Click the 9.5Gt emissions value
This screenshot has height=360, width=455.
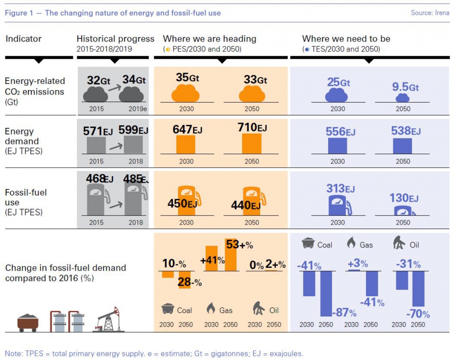pos(405,87)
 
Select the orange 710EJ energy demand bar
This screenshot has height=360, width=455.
pos(251,144)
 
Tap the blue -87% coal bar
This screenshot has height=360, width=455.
pos(326,294)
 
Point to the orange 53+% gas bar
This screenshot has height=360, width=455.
pos(231,254)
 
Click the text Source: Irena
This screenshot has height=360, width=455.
pos(430,13)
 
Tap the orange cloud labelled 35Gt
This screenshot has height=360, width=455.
pos(186,94)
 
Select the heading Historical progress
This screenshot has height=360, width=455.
pos(115,39)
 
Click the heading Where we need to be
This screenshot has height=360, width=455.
pos(346,39)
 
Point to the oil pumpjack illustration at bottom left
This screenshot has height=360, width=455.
pos(109,320)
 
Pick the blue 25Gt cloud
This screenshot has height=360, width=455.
pos(337,95)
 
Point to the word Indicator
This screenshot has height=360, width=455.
pos(23,39)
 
